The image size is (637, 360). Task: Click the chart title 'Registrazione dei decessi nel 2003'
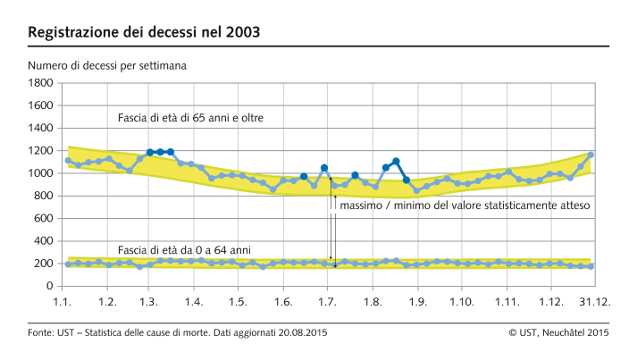[145, 33]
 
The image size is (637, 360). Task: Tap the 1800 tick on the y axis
[41, 83]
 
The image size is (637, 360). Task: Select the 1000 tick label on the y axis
[41, 173]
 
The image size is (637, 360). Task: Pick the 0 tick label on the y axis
[50, 287]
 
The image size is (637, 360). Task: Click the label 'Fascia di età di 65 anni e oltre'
[190, 118]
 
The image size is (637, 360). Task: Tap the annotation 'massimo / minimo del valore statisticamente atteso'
[457, 205]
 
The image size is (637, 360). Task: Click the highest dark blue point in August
[396, 162]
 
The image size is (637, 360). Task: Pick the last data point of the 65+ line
[591, 155]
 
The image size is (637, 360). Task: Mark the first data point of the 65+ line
[68, 161]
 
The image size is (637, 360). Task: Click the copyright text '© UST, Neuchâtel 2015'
[558, 333]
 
